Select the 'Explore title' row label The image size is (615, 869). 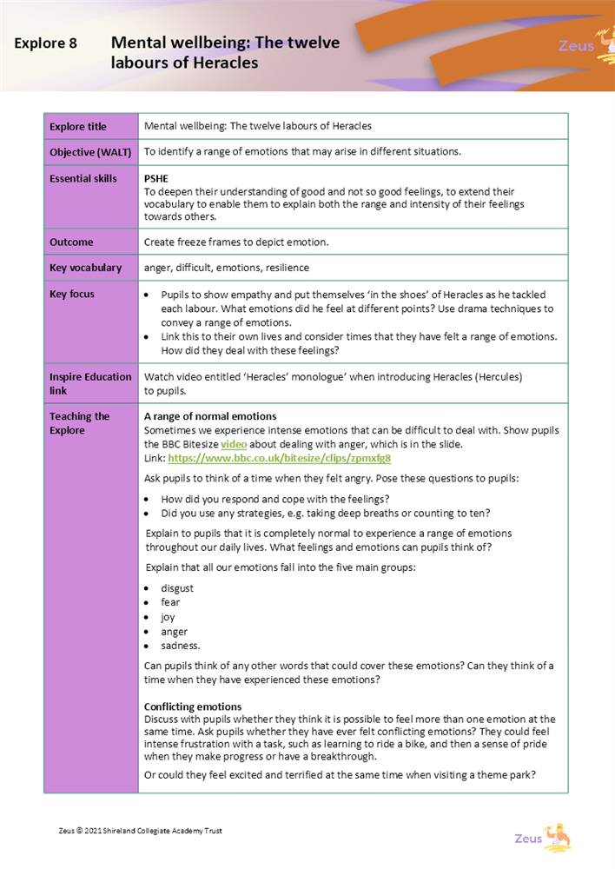click(x=78, y=127)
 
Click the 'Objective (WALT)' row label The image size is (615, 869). click(x=90, y=152)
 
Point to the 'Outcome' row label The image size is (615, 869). click(x=71, y=242)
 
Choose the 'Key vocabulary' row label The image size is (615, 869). click(x=85, y=268)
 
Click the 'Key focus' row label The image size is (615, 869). click(x=72, y=294)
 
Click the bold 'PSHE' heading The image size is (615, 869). click(x=156, y=178)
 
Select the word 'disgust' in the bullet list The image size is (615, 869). click(x=177, y=588)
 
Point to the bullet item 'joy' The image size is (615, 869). click(x=168, y=617)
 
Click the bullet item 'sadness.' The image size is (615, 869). click(x=180, y=646)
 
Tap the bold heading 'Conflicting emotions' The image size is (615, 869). click(x=193, y=706)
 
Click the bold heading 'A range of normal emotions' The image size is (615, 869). click(x=210, y=416)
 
